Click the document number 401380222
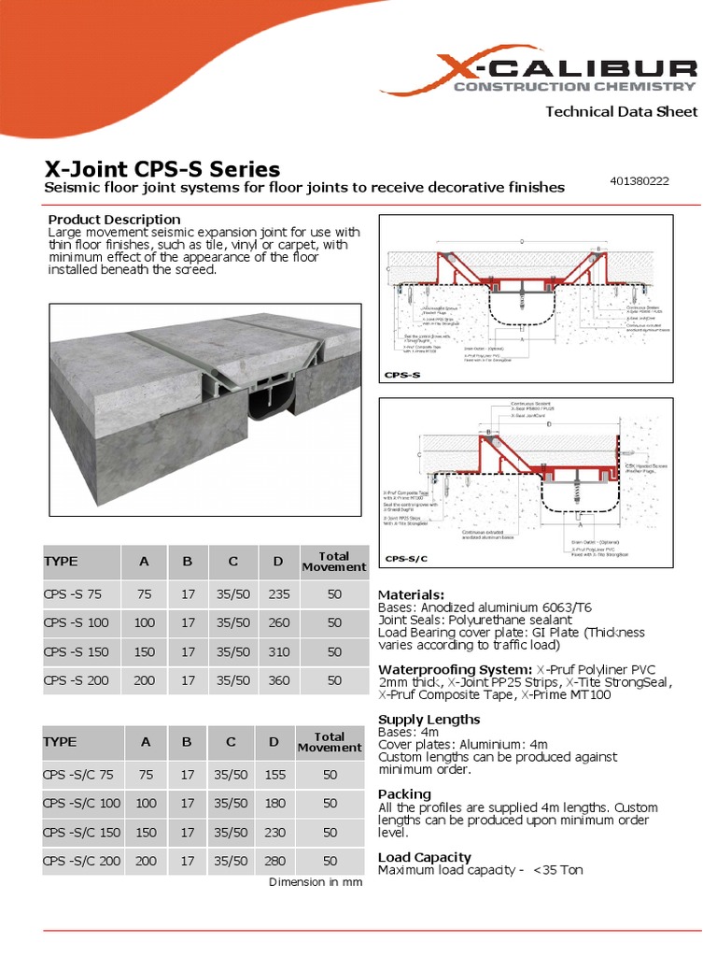640,180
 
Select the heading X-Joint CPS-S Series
162,169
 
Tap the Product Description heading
114,220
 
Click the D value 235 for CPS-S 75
279,593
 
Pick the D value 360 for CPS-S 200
279,680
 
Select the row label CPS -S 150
77,651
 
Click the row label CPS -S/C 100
82,803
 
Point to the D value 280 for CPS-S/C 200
274,861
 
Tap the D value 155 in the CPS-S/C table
274,774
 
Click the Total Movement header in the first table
334,562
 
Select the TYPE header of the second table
61,741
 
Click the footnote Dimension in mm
316,882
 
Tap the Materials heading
411,594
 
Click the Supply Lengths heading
429,719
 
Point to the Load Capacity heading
424,857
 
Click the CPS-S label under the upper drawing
403,374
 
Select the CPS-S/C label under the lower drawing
407,559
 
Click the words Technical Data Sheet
621,111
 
